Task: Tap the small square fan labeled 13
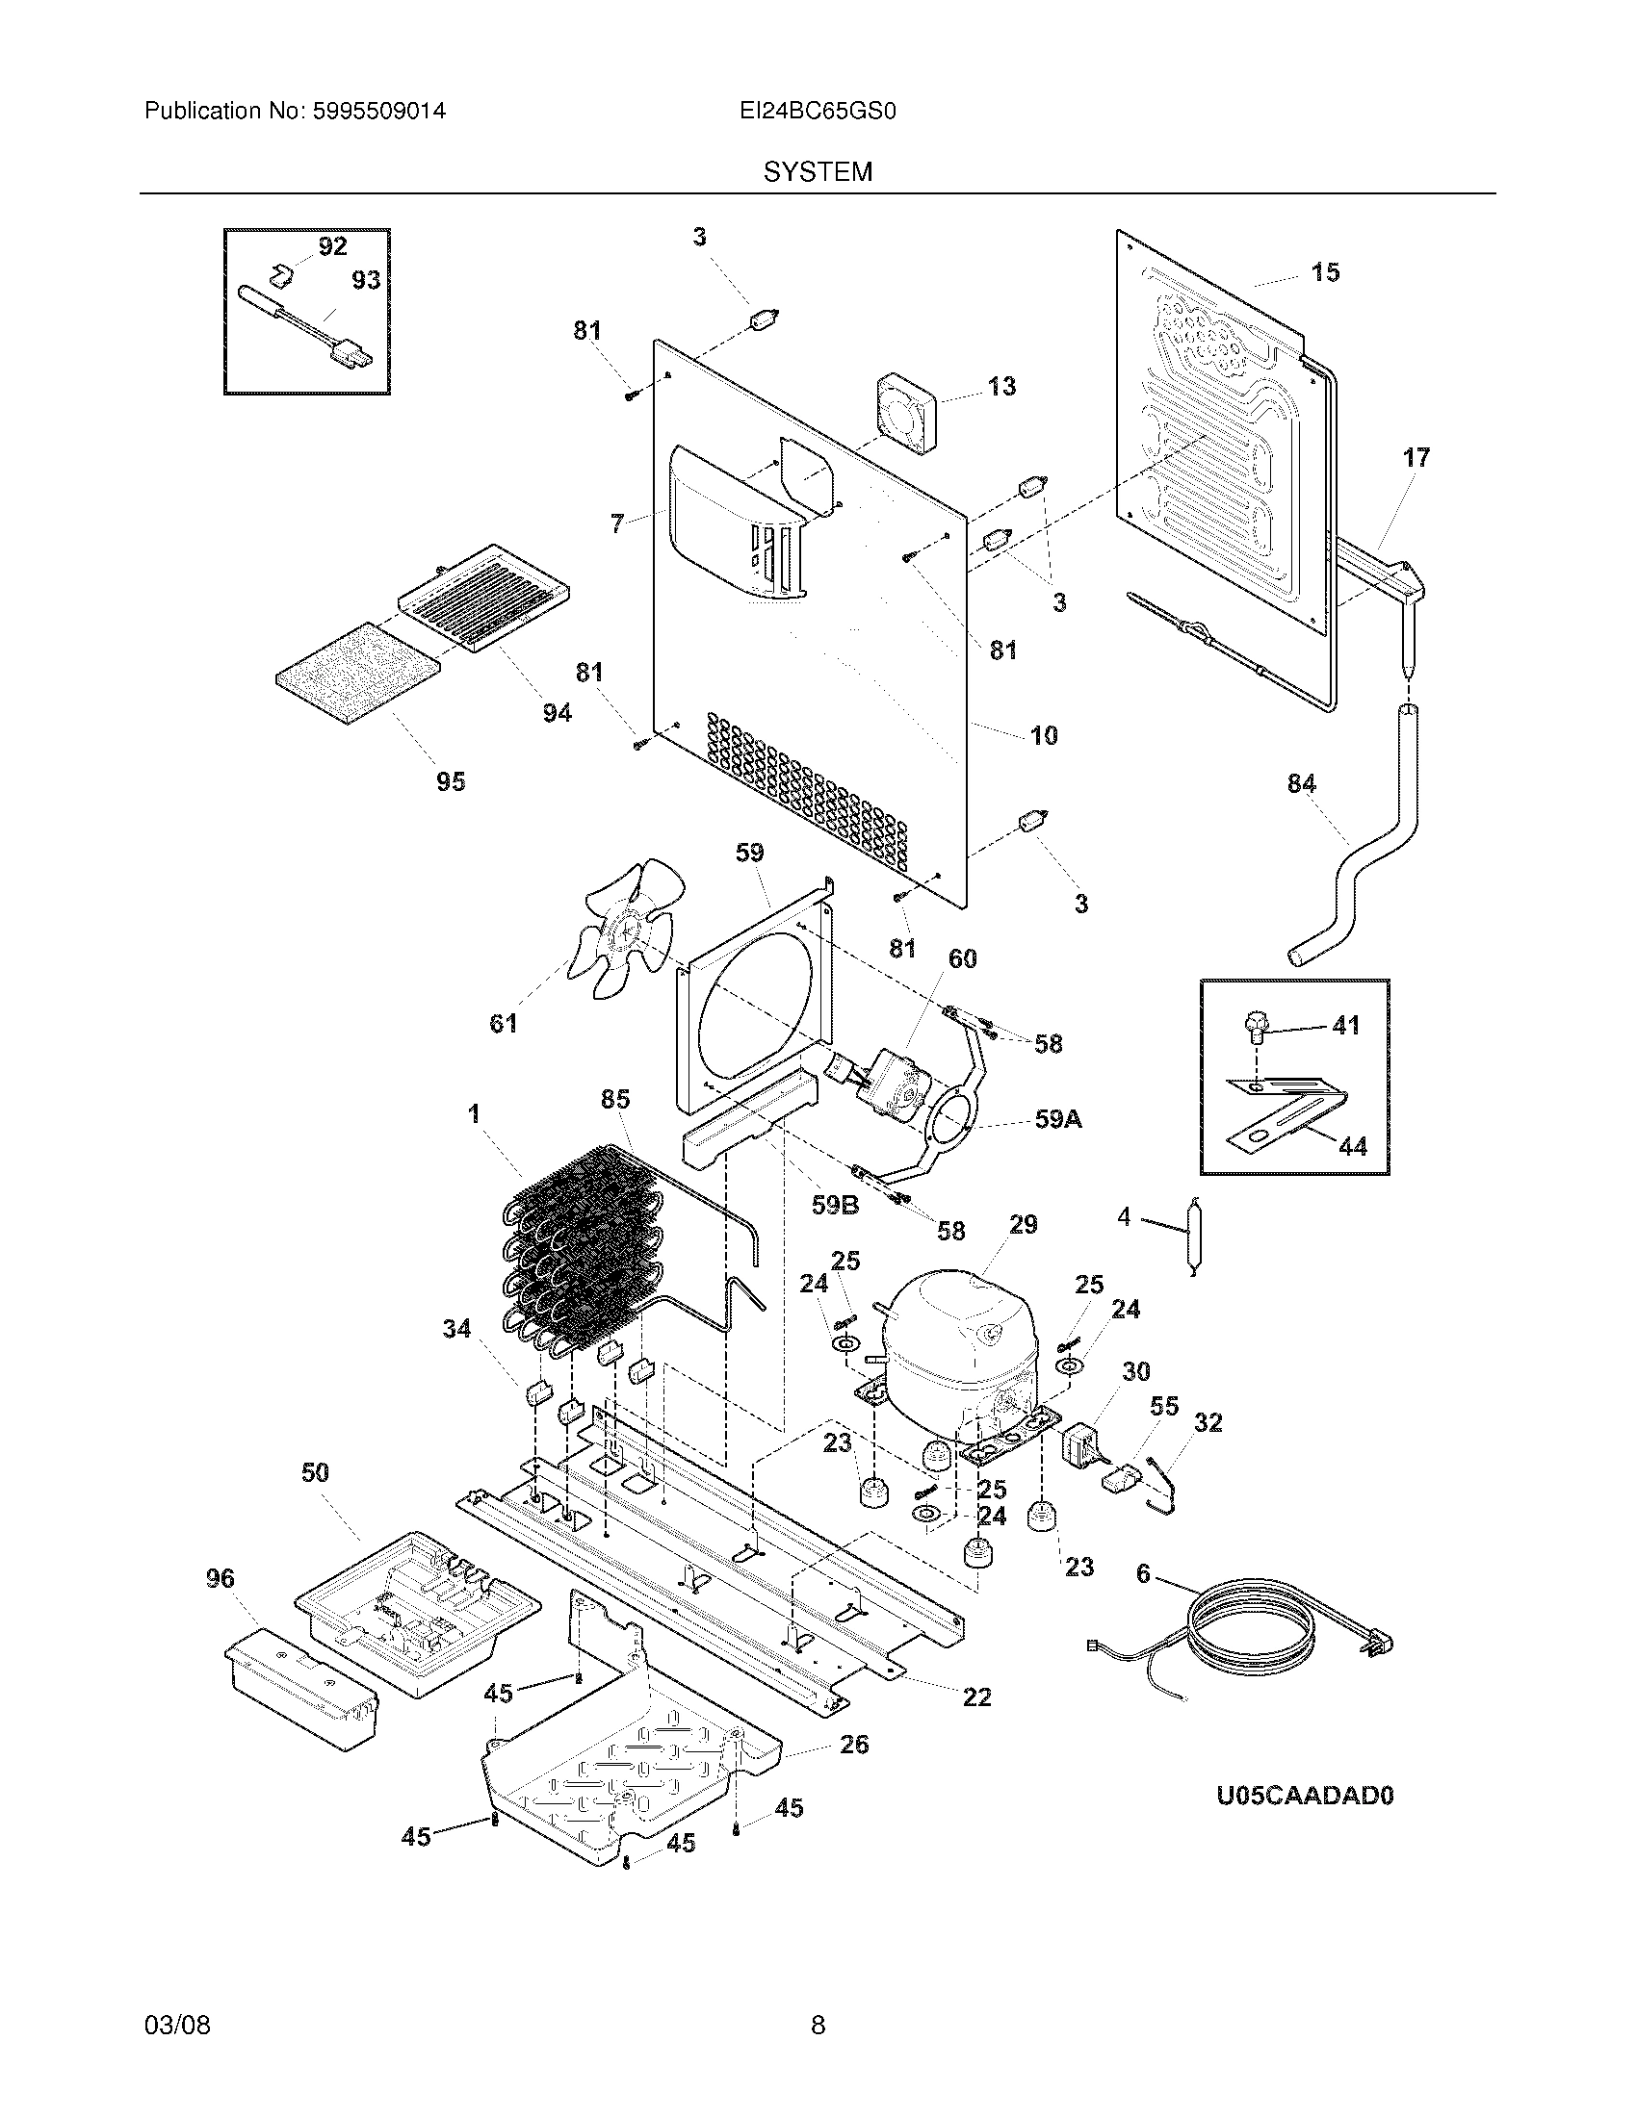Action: tap(907, 411)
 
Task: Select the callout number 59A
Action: tap(1058, 1119)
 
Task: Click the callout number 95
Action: tap(450, 780)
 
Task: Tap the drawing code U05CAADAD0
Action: tap(1305, 1796)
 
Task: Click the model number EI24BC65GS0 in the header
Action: tap(817, 112)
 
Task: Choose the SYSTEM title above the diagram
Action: tap(818, 172)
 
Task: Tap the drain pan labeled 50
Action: tap(417, 1614)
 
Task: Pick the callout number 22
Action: tap(976, 1696)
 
